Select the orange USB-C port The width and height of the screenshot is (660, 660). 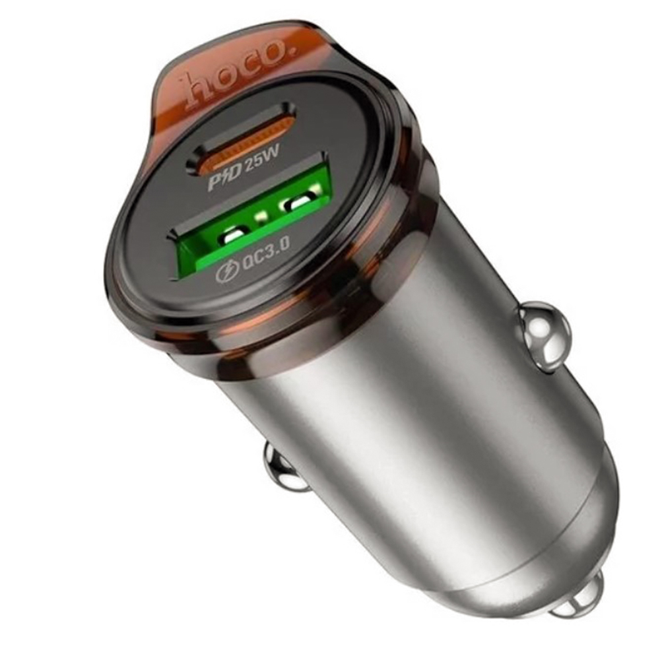pyautogui.click(x=241, y=139)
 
